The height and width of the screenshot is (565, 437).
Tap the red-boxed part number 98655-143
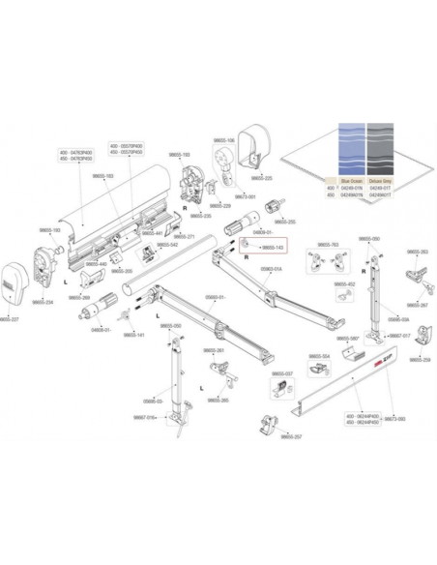point(259,249)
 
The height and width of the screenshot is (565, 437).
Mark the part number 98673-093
point(395,418)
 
